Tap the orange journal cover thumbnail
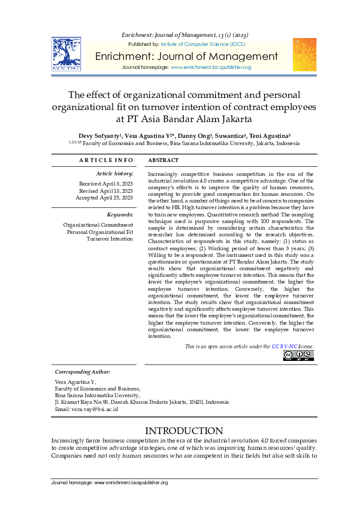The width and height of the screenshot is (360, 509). point(304,54)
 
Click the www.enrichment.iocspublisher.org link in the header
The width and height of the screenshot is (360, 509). point(211,67)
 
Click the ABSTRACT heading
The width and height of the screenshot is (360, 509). point(163,160)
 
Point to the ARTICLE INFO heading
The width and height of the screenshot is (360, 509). point(106,160)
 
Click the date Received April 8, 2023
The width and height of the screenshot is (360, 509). point(106,183)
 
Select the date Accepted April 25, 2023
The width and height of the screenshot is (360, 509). point(104,198)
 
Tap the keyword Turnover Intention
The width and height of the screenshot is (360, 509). point(110,239)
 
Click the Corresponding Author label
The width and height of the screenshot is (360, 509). point(82,371)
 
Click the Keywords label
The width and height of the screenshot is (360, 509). point(120,215)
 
